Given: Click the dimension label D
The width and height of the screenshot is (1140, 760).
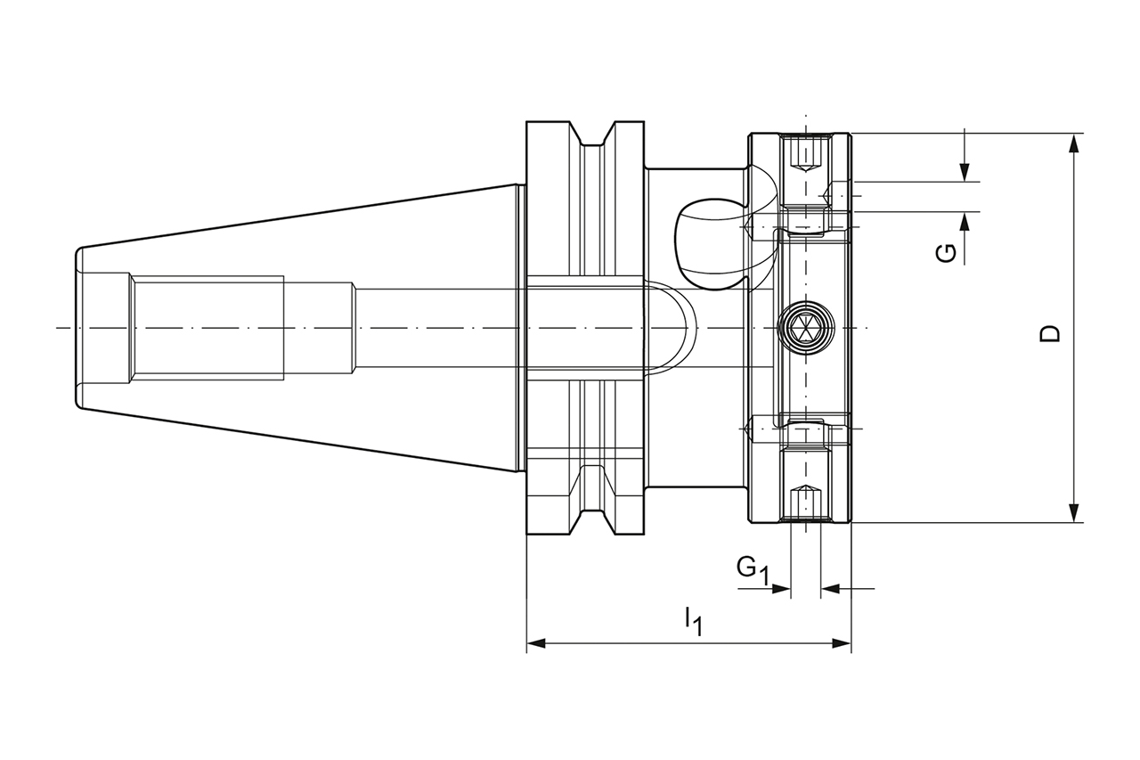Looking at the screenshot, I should point(1052,334).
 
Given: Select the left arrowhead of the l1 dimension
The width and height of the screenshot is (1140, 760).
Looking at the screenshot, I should point(536,642).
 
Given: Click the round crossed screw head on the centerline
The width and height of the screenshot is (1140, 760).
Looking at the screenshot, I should point(805,329).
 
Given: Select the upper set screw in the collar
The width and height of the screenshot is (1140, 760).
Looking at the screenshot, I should point(806,153).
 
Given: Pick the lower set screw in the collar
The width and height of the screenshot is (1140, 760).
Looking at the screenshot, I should point(806,503).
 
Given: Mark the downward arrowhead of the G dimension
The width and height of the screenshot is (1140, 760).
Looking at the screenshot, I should point(965,173).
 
